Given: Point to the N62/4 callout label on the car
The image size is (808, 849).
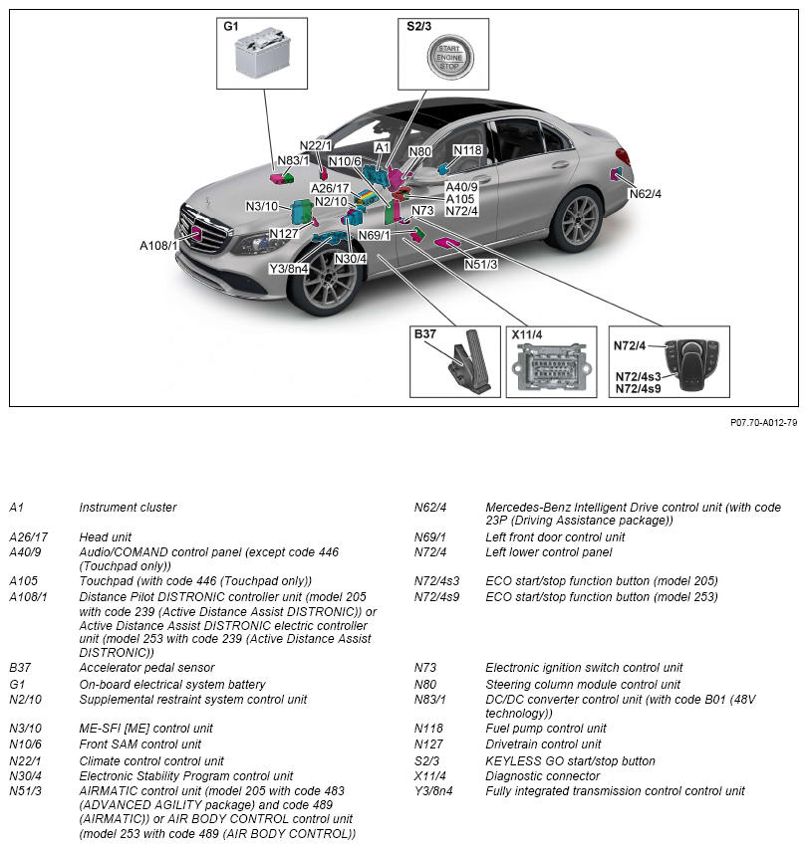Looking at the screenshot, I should coord(645,193).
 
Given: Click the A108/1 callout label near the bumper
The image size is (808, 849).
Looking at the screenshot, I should coord(158,245).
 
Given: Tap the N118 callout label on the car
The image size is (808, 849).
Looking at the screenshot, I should coord(467,151).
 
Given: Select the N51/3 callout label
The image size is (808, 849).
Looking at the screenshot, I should coord(482,264).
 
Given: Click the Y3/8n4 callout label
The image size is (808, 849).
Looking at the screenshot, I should coord(289,268).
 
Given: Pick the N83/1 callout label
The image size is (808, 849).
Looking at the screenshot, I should coord(293,160).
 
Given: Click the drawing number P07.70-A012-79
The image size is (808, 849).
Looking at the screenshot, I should coord(763,423).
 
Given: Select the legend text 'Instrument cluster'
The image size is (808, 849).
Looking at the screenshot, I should coord(128,508).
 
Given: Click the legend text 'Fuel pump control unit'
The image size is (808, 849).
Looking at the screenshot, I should coord(545,729).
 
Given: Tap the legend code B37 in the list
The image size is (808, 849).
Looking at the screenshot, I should coord(20,668).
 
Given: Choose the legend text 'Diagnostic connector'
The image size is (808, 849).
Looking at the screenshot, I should coord(542,776).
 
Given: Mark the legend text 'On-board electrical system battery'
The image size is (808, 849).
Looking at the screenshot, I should coord(171,685).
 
